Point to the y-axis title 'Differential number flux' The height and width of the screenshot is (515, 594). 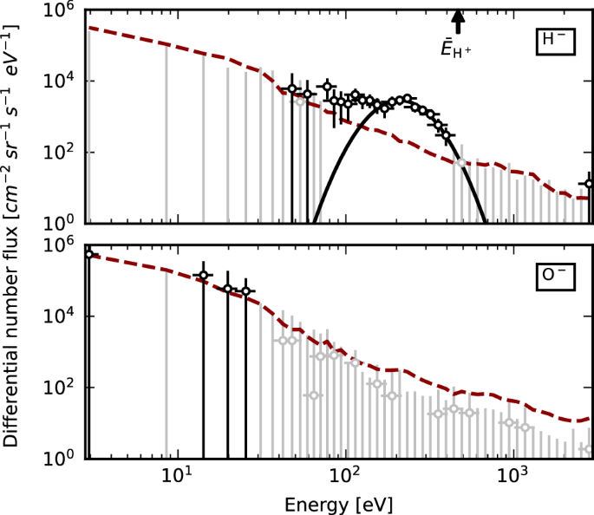tap(12, 234)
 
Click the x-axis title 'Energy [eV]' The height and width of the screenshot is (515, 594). tap(340, 503)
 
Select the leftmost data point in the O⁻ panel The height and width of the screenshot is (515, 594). tap(88, 254)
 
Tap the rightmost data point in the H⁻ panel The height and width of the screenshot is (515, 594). tap(589, 184)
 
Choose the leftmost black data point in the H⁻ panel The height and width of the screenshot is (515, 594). tap(292, 89)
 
